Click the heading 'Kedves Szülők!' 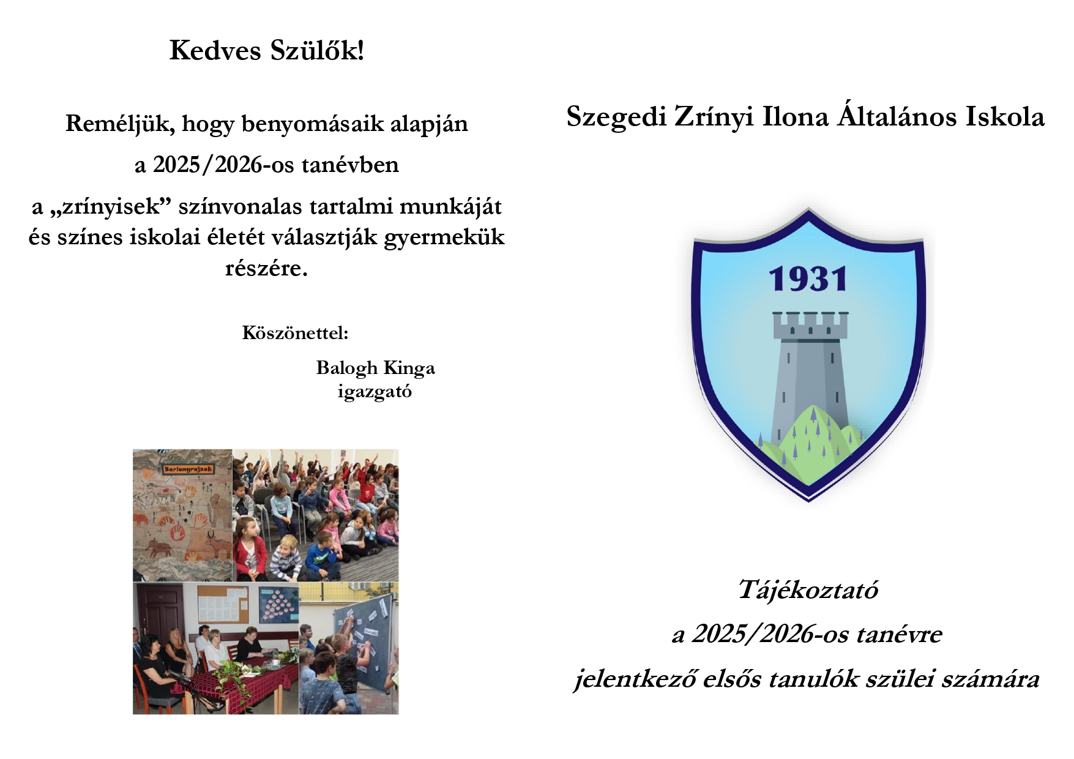click(x=267, y=50)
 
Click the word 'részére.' click(x=266, y=267)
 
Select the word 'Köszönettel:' click(x=295, y=332)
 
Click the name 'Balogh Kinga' click(x=375, y=368)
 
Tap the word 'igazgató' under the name click(x=375, y=391)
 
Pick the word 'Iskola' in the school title click(x=1005, y=116)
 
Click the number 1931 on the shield click(x=808, y=279)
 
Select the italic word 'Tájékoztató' click(x=808, y=590)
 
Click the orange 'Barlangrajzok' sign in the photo click(x=188, y=469)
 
